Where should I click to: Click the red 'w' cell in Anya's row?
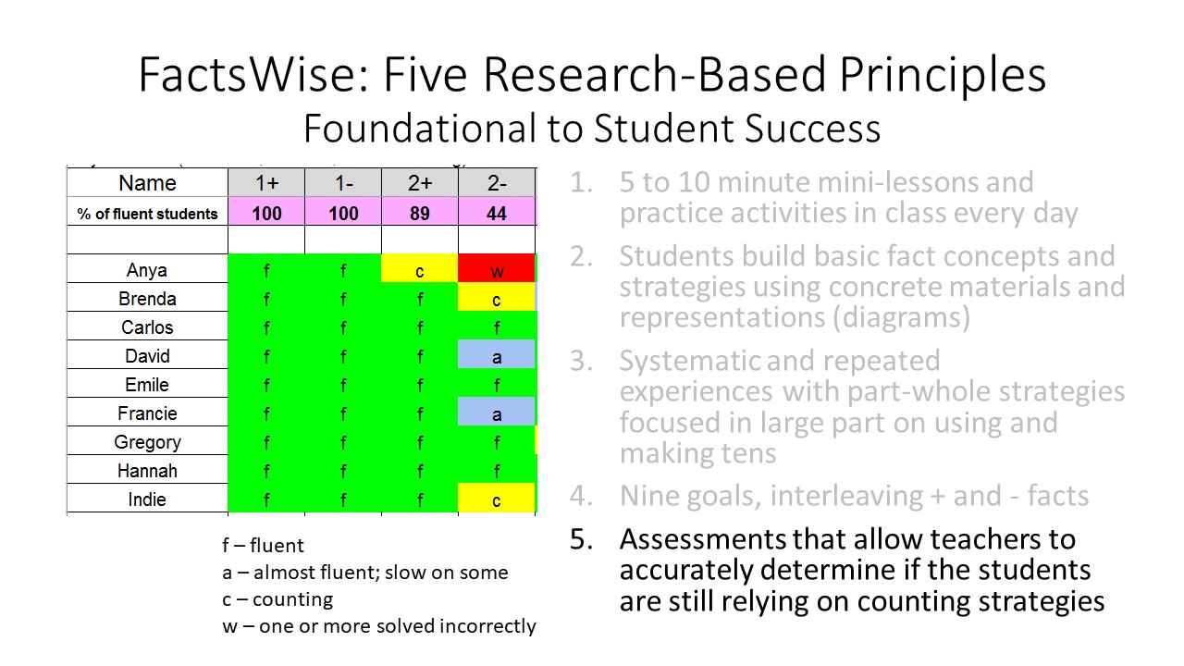coord(497,269)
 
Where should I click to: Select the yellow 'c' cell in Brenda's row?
coord(497,299)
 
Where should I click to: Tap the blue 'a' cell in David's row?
coord(497,356)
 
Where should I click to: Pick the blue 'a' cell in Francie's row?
coord(497,413)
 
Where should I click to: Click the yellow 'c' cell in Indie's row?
coord(497,499)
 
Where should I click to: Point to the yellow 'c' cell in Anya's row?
coord(420,269)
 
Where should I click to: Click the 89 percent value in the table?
coord(420,214)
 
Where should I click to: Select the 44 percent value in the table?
coord(497,214)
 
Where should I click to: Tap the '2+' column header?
coord(420,183)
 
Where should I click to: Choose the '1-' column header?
coord(343,183)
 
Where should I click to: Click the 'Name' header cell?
coord(147,183)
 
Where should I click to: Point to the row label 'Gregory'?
coord(147,442)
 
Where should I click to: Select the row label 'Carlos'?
coord(147,327)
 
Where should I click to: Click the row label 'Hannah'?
coord(147,471)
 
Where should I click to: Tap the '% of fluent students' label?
coord(147,214)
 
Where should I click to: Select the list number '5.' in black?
coord(580,539)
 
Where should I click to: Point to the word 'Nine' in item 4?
coord(648,496)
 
